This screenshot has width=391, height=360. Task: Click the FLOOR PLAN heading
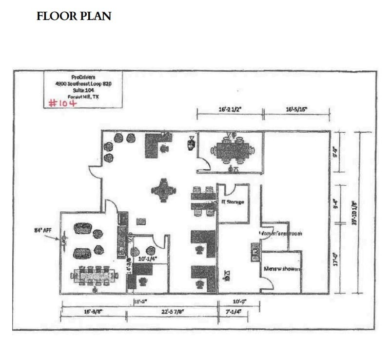tap(74, 16)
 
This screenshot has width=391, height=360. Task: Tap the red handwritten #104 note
tap(64, 103)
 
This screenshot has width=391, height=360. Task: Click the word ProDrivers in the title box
tap(83, 77)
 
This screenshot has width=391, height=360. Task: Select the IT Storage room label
tap(233, 201)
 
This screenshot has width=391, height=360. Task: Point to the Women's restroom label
tap(281, 234)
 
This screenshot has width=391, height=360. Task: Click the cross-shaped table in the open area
tap(162, 190)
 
